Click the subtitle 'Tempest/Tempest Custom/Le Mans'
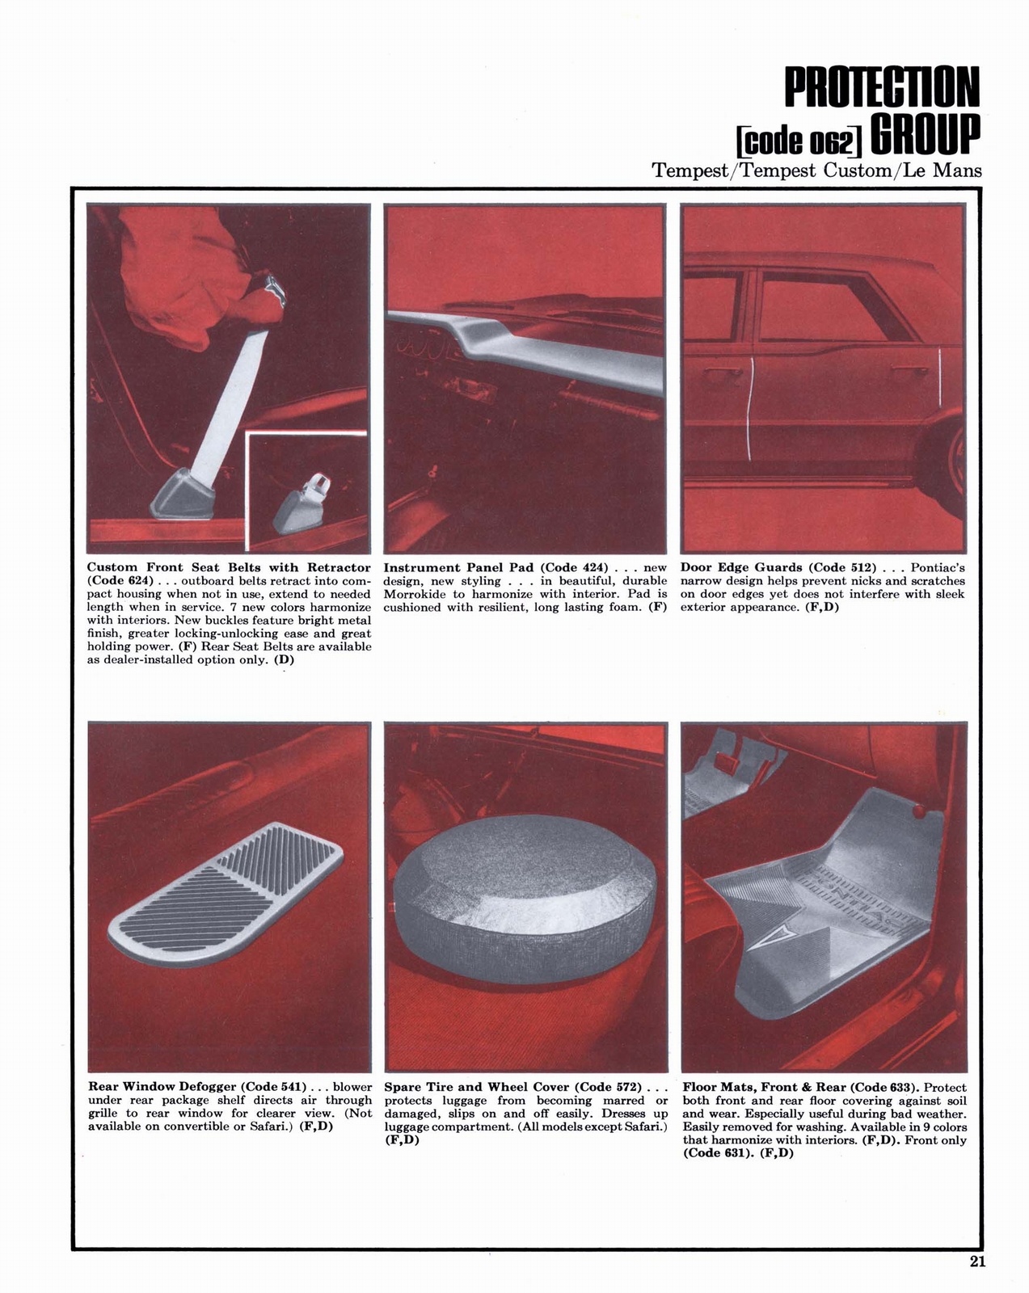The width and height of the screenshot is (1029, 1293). click(816, 171)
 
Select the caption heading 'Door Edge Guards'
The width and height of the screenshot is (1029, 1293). click(741, 567)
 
